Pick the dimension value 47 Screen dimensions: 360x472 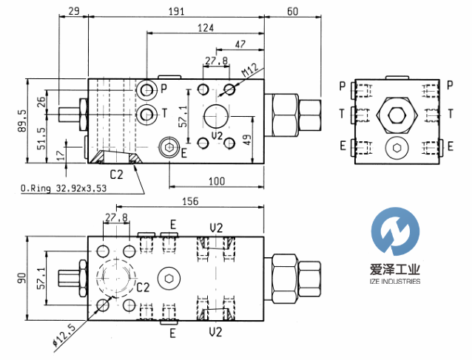(x=239, y=45)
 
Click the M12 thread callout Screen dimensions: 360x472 (x=249, y=72)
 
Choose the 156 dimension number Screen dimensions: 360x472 (x=189, y=201)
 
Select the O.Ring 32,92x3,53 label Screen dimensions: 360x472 (x=64, y=189)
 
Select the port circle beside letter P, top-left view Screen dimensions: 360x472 (x=147, y=90)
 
